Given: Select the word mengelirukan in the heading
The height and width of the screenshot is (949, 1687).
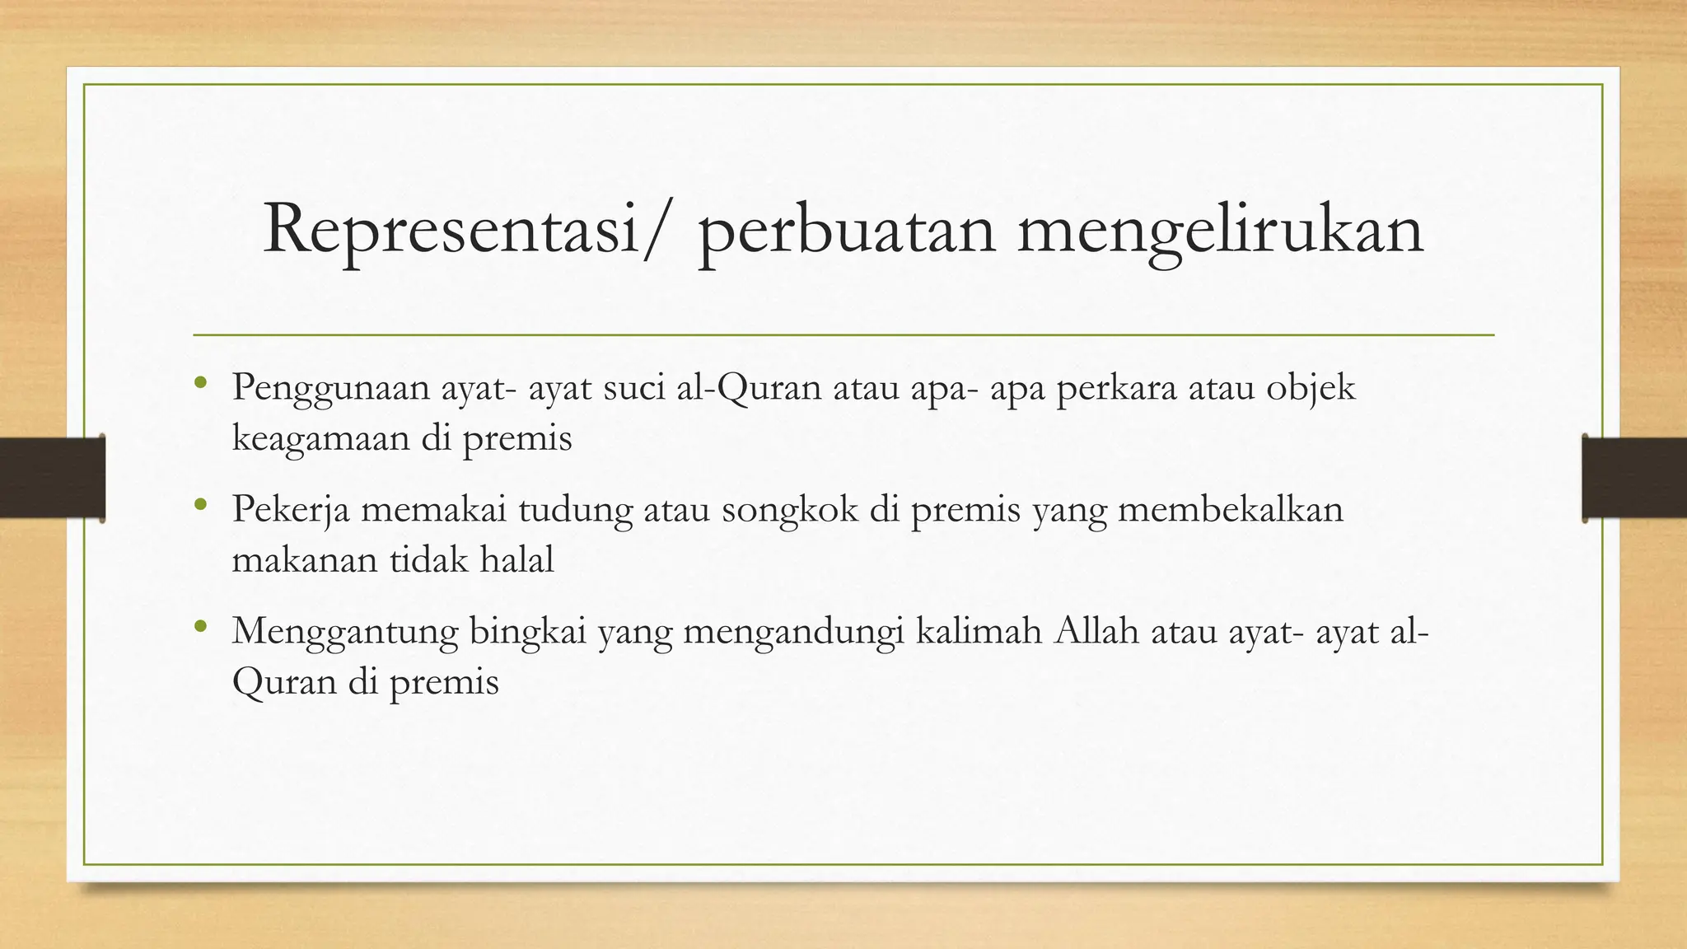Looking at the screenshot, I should click(1220, 231).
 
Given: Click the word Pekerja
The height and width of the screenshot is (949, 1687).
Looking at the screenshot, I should click(290, 510).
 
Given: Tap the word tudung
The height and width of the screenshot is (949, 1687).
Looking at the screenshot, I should click(576, 510).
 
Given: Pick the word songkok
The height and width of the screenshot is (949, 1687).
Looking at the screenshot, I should click(790, 510).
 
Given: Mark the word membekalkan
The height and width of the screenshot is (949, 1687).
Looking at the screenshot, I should click(1231, 509).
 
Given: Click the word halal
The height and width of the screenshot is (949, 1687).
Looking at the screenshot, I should click(517, 560).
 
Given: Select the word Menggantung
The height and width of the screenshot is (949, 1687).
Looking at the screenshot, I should click(345, 632).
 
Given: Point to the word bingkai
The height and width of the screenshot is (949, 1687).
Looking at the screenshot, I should click(527, 632).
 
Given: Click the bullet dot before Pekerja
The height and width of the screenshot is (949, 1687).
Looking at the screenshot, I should click(199, 503).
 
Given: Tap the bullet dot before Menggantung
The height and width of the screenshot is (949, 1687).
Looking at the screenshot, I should click(199, 625).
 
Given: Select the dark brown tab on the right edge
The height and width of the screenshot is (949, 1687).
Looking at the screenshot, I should click(1634, 478).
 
